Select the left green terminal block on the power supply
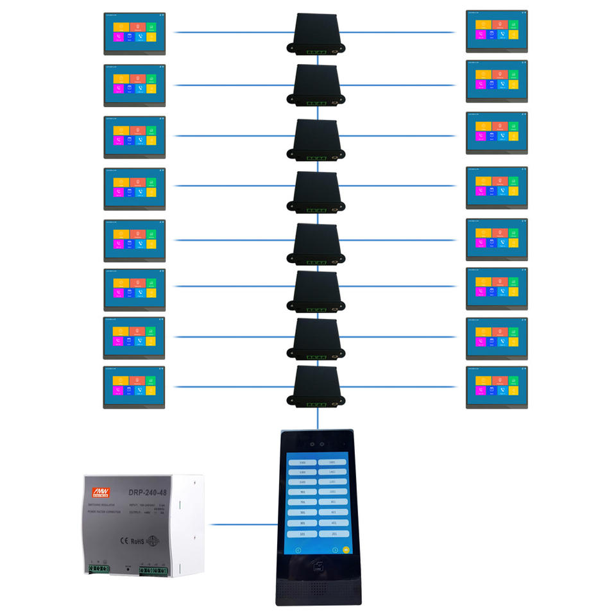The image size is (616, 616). pos(98,569)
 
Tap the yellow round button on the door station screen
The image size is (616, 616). pos(346,549)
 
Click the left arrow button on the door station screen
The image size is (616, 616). pos(298,550)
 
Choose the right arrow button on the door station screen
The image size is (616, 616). pos(334,550)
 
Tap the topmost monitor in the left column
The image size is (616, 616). pos(135,33)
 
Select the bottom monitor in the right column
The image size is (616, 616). pos(497,387)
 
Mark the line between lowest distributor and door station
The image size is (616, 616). pos(318,419)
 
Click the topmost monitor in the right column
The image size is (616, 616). pos(497,30)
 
